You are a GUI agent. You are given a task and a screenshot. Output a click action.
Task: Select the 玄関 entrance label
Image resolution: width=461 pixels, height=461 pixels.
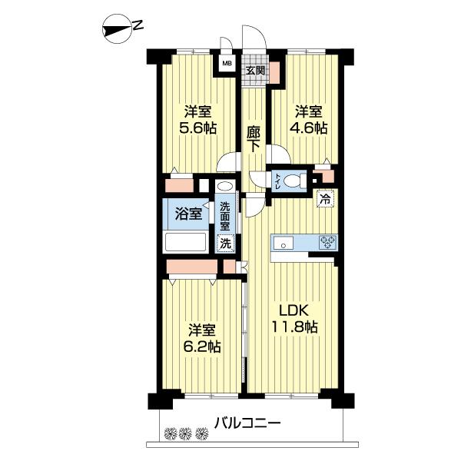(x=255, y=70)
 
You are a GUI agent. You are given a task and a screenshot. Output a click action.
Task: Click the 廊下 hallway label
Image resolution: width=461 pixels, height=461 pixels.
(x=254, y=141)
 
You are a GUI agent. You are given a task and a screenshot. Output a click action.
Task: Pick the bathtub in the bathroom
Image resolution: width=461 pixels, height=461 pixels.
(x=186, y=242)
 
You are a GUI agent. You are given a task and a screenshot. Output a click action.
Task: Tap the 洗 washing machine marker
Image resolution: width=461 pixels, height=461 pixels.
(x=225, y=244)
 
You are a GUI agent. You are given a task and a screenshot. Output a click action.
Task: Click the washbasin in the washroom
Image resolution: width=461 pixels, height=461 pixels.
(x=224, y=187)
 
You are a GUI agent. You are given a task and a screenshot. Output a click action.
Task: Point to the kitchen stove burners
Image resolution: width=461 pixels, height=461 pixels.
(x=327, y=244)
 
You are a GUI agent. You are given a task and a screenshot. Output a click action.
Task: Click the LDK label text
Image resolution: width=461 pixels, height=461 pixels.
(x=293, y=310)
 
